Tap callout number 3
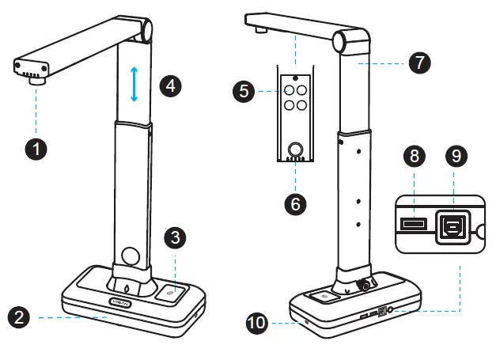[x=176, y=237]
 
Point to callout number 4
[x=171, y=85]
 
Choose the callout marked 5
[x=245, y=91]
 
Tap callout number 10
[x=257, y=323]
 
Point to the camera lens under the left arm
[x=35, y=78]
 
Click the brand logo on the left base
[x=121, y=301]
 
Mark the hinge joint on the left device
[x=143, y=30]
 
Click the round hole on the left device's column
[x=130, y=257]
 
